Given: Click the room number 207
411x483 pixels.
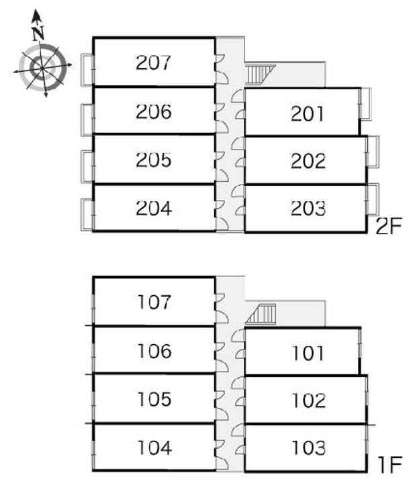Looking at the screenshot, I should pyautogui.click(x=154, y=62).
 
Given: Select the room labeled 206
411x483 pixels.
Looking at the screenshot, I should pyautogui.click(x=154, y=111).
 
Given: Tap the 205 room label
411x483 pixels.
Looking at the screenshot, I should pyautogui.click(x=154, y=160).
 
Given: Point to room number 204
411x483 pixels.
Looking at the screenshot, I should pyautogui.click(x=154, y=209).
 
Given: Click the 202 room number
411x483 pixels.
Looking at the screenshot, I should pyautogui.click(x=309, y=161).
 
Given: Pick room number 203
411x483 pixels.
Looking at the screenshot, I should pyautogui.click(x=309, y=209).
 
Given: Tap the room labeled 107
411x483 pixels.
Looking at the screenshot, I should pyautogui.click(x=154, y=302).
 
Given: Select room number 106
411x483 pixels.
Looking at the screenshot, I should pyautogui.click(x=154, y=351).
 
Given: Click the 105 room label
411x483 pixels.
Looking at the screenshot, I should pyautogui.click(x=154, y=400).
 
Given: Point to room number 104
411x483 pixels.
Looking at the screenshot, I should pyautogui.click(x=154, y=447).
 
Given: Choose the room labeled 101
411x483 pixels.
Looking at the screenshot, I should pyautogui.click(x=309, y=353).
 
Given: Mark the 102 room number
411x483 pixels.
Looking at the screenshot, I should pyautogui.click(x=309, y=400).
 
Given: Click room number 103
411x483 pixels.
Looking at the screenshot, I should pyautogui.click(x=309, y=447).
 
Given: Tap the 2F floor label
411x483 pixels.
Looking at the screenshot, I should pyautogui.click(x=388, y=227).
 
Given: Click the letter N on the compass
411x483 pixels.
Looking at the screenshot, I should pyautogui.click(x=38, y=32).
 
